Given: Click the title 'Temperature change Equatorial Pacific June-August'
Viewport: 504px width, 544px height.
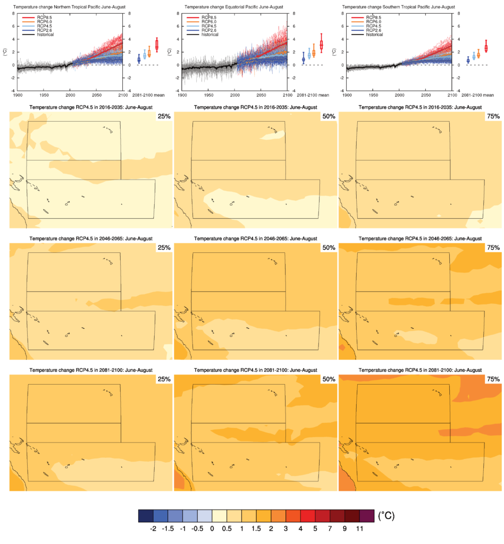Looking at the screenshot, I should [234, 6].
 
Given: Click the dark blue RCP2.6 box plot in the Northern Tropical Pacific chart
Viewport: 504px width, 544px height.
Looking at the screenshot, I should [139, 59].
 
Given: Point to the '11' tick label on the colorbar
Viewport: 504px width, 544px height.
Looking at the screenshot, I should [363, 529].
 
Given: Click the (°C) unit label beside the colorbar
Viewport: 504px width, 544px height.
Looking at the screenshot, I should [386, 516].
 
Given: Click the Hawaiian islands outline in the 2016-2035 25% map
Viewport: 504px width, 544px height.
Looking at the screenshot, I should [108, 129].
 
